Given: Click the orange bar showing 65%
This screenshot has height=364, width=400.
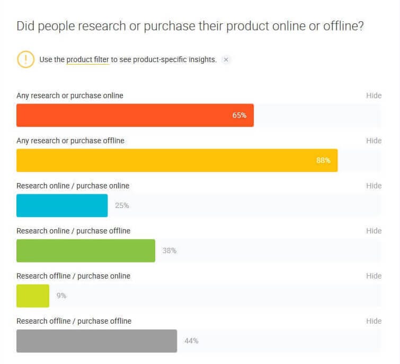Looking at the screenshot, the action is (135, 115).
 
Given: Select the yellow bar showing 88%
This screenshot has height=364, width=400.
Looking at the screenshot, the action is (177, 160).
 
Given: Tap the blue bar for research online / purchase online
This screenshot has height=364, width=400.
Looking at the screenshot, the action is (62, 206).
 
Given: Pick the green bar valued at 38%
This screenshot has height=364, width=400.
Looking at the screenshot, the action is (86, 250).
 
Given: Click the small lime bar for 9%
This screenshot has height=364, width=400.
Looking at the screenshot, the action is (33, 296).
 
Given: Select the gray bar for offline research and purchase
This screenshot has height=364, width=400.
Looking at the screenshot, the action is (96, 341).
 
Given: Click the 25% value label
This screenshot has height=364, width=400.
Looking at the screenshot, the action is (122, 206).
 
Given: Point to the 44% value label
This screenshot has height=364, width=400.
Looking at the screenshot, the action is (192, 341).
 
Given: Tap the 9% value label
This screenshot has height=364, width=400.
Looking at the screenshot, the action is (61, 296).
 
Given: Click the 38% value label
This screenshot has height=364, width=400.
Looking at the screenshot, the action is (170, 250).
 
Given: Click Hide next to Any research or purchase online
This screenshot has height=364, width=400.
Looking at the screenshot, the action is (374, 96).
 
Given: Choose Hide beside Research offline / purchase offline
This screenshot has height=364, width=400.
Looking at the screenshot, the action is (374, 321).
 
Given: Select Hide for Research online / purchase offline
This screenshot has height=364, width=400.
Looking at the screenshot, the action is (374, 231).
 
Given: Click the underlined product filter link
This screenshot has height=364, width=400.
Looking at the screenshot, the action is (88, 60).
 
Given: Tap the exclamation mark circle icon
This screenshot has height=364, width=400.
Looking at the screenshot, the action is (25, 59).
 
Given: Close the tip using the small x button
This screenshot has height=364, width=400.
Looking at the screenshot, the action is (226, 60).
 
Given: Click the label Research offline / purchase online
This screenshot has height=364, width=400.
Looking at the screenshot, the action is (74, 276).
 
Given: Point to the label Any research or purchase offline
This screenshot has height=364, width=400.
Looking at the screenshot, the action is (70, 141).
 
